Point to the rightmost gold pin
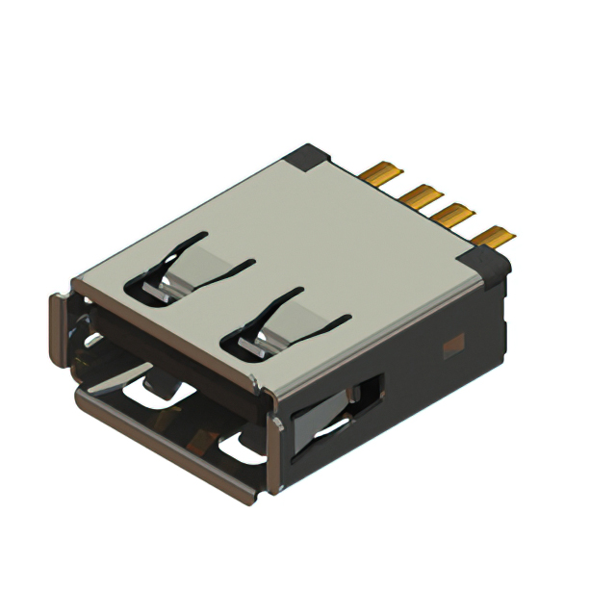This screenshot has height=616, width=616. pyautogui.click(x=498, y=235)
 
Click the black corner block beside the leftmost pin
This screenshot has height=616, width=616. pyautogui.click(x=312, y=156)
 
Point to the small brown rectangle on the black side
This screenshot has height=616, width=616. pyautogui.click(x=451, y=342)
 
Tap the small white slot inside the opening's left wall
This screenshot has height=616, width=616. pyautogui.click(x=91, y=339)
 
